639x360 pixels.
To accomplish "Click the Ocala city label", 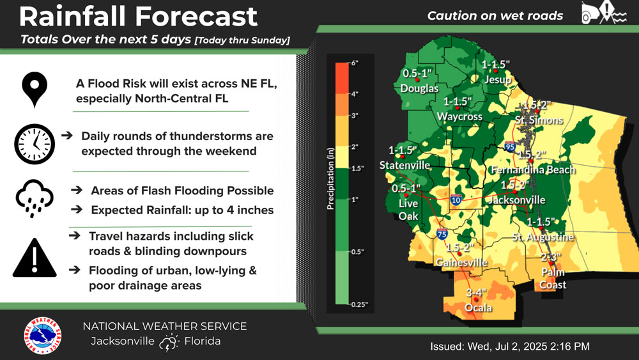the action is pos(478,308).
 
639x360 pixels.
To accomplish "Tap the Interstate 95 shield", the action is pos(510,147).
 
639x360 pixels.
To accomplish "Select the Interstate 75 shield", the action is pos(442,234).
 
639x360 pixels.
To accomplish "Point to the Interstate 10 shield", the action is pos(456,200).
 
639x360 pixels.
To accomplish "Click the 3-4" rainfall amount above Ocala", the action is pos(476,292).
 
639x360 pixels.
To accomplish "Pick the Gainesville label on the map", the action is pos(461,262).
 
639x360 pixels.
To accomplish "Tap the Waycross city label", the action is pos(459,116).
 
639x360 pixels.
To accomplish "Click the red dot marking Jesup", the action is pos(496,71).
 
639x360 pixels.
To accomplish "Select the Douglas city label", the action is pos(419,88).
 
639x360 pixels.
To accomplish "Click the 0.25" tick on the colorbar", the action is pos(358,304).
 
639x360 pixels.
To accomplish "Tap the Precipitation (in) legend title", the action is pos(330,178).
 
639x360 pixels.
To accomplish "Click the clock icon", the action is pos(35,144).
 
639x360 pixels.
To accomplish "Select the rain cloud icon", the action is pos(35,198).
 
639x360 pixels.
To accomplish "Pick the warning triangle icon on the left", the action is pos(35,258).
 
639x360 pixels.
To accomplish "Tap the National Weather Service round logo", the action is pos(42,336).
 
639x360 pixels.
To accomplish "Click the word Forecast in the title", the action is pos(196,17).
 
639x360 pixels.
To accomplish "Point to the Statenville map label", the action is pos(404,165).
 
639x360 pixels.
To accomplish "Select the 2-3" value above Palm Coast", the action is pos(551,257).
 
